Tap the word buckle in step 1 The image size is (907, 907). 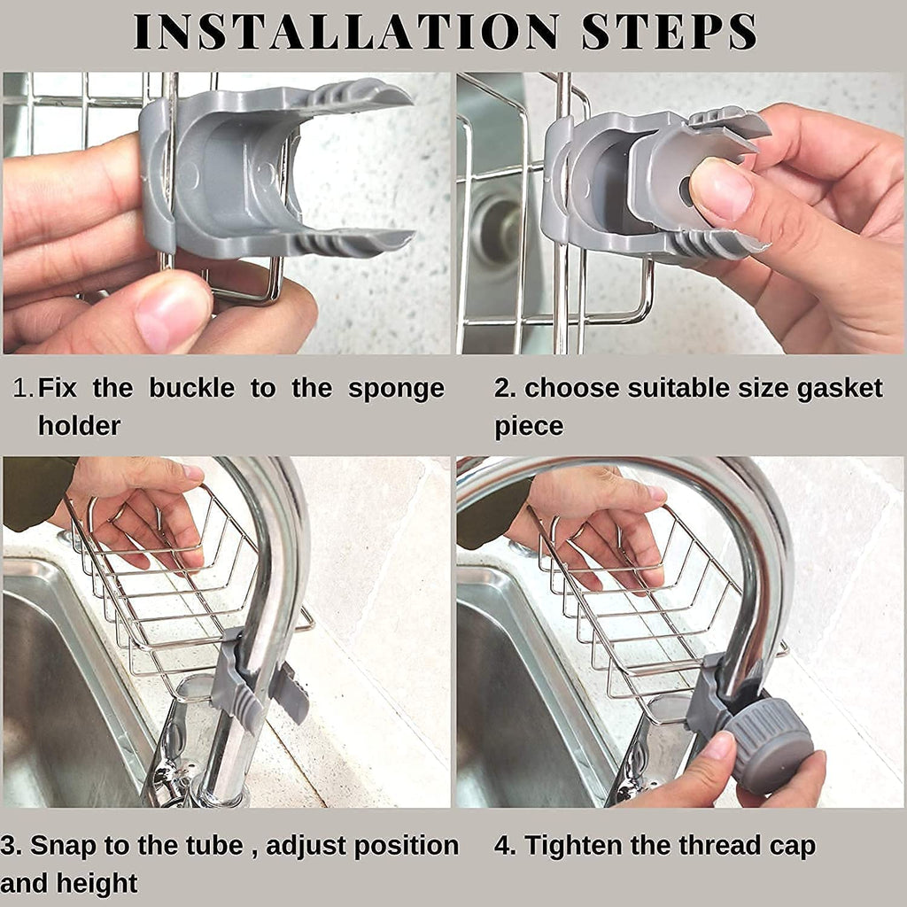pyautogui.click(x=191, y=388)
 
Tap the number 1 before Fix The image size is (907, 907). pyautogui.click(x=23, y=388)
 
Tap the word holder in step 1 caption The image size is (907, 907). pyautogui.click(x=79, y=426)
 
